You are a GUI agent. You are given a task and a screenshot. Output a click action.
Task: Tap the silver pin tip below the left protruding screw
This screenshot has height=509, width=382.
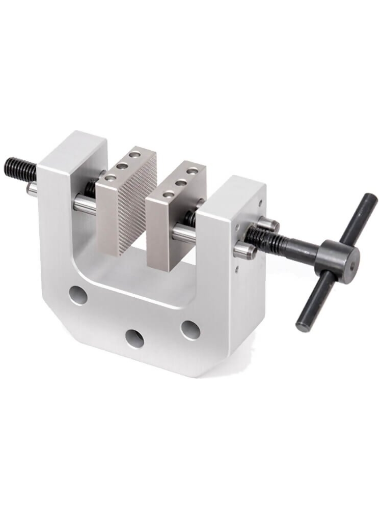(32, 189)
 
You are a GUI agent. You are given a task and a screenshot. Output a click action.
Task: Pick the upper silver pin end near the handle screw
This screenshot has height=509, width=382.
(268, 224)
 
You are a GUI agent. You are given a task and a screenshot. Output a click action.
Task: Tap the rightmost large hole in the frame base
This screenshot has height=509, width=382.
(190, 330)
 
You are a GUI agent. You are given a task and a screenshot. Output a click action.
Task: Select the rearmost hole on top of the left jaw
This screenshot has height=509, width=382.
(134, 153)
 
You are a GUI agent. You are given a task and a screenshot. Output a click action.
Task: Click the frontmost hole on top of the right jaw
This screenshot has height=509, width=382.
(168, 194)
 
